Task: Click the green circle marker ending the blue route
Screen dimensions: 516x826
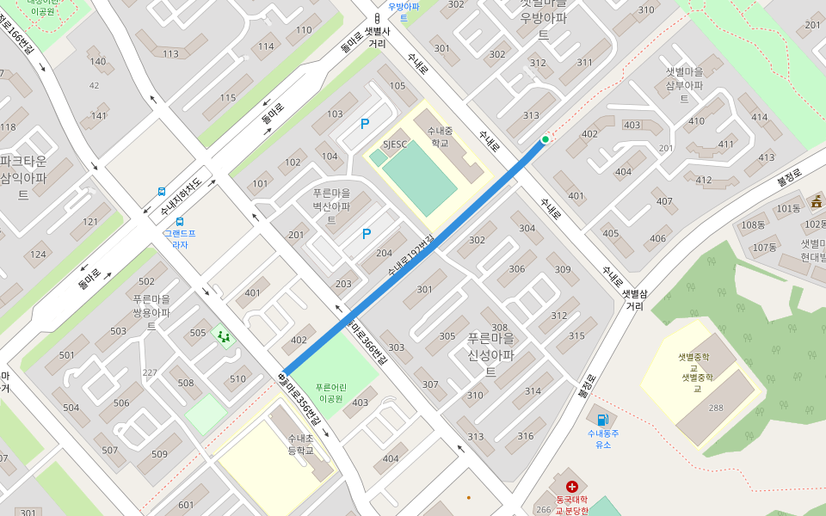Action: (545, 139)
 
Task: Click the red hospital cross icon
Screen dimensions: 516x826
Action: (571, 487)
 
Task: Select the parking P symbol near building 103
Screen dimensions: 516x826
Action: (365, 124)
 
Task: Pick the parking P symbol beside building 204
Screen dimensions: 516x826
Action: (367, 233)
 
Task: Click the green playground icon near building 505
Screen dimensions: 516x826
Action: (224, 336)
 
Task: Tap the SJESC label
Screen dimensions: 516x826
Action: (394, 144)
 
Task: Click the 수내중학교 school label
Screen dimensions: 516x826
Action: (440, 137)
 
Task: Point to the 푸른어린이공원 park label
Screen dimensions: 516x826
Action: (330, 393)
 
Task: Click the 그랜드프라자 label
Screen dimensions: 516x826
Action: (180, 238)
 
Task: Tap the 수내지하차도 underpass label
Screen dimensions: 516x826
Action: (181, 197)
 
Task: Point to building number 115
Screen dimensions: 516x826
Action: (227, 98)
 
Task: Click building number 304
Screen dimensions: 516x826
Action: (527, 228)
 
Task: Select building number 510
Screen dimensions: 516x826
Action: (237, 379)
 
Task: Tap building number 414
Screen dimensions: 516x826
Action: (759, 117)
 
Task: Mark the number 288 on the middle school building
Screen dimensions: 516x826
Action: (716, 407)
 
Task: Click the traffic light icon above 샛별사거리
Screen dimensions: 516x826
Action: (377, 18)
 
